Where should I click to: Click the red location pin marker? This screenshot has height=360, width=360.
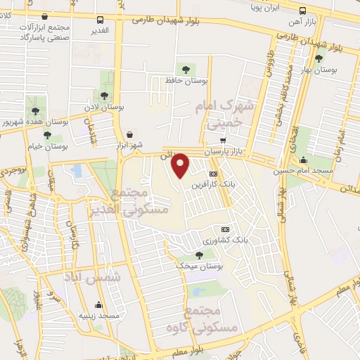[x=181, y=165]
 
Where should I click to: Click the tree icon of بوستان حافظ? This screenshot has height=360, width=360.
[x=186, y=70]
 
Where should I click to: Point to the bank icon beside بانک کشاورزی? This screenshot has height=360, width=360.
[x=225, y=229]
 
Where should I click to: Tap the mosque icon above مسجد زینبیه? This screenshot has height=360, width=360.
[x=98, y=305]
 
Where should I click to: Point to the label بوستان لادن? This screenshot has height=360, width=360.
[x=103, y=108]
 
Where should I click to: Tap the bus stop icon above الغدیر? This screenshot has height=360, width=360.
[x=100, y=20]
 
